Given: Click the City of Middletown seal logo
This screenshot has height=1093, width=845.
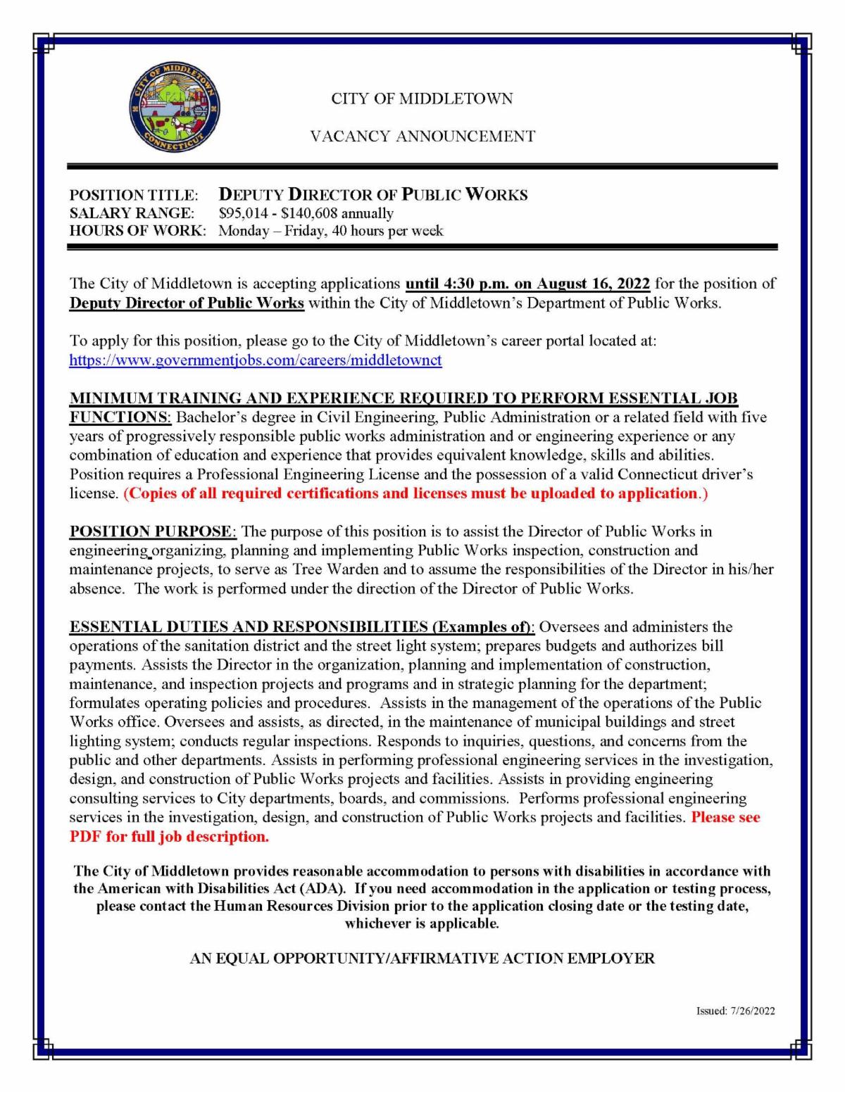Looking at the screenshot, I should (x=175, y=114).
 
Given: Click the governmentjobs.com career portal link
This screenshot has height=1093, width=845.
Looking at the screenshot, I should (x=255, y=360).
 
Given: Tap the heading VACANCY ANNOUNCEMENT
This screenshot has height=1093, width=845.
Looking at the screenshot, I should (x=423, y=137).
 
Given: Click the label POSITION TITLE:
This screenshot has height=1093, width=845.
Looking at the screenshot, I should (x=134, y=195).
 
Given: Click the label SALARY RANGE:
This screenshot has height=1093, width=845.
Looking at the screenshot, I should (x=132, y=213).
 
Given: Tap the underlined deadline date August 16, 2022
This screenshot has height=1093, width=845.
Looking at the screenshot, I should (x=594, y=284).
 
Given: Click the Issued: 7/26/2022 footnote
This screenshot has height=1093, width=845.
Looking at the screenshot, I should (x=735, y=1011).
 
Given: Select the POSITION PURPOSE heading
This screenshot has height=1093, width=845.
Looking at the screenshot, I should (x=150, y=531).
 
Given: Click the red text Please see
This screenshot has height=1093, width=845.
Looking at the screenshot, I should (x=725, y=818).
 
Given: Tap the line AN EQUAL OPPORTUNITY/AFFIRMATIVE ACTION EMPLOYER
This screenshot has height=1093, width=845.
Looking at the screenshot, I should (x=422, y=959).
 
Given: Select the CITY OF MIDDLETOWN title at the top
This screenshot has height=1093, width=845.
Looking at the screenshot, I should (x=422, y=99).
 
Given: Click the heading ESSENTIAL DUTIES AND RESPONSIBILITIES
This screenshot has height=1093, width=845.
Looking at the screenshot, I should (x=249, y=626).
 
